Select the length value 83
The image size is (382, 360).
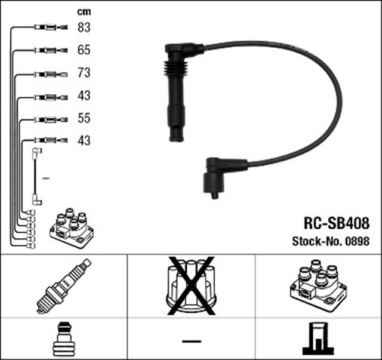point(84,27)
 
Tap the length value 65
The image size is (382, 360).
point(84,50)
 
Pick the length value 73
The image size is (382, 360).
point(84,73)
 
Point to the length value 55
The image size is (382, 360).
point(84,118)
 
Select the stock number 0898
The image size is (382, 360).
point(358,241)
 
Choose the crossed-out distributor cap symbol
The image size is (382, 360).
point(191,285)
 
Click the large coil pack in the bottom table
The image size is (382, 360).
point(318,285)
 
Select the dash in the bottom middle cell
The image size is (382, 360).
point(191,340)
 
